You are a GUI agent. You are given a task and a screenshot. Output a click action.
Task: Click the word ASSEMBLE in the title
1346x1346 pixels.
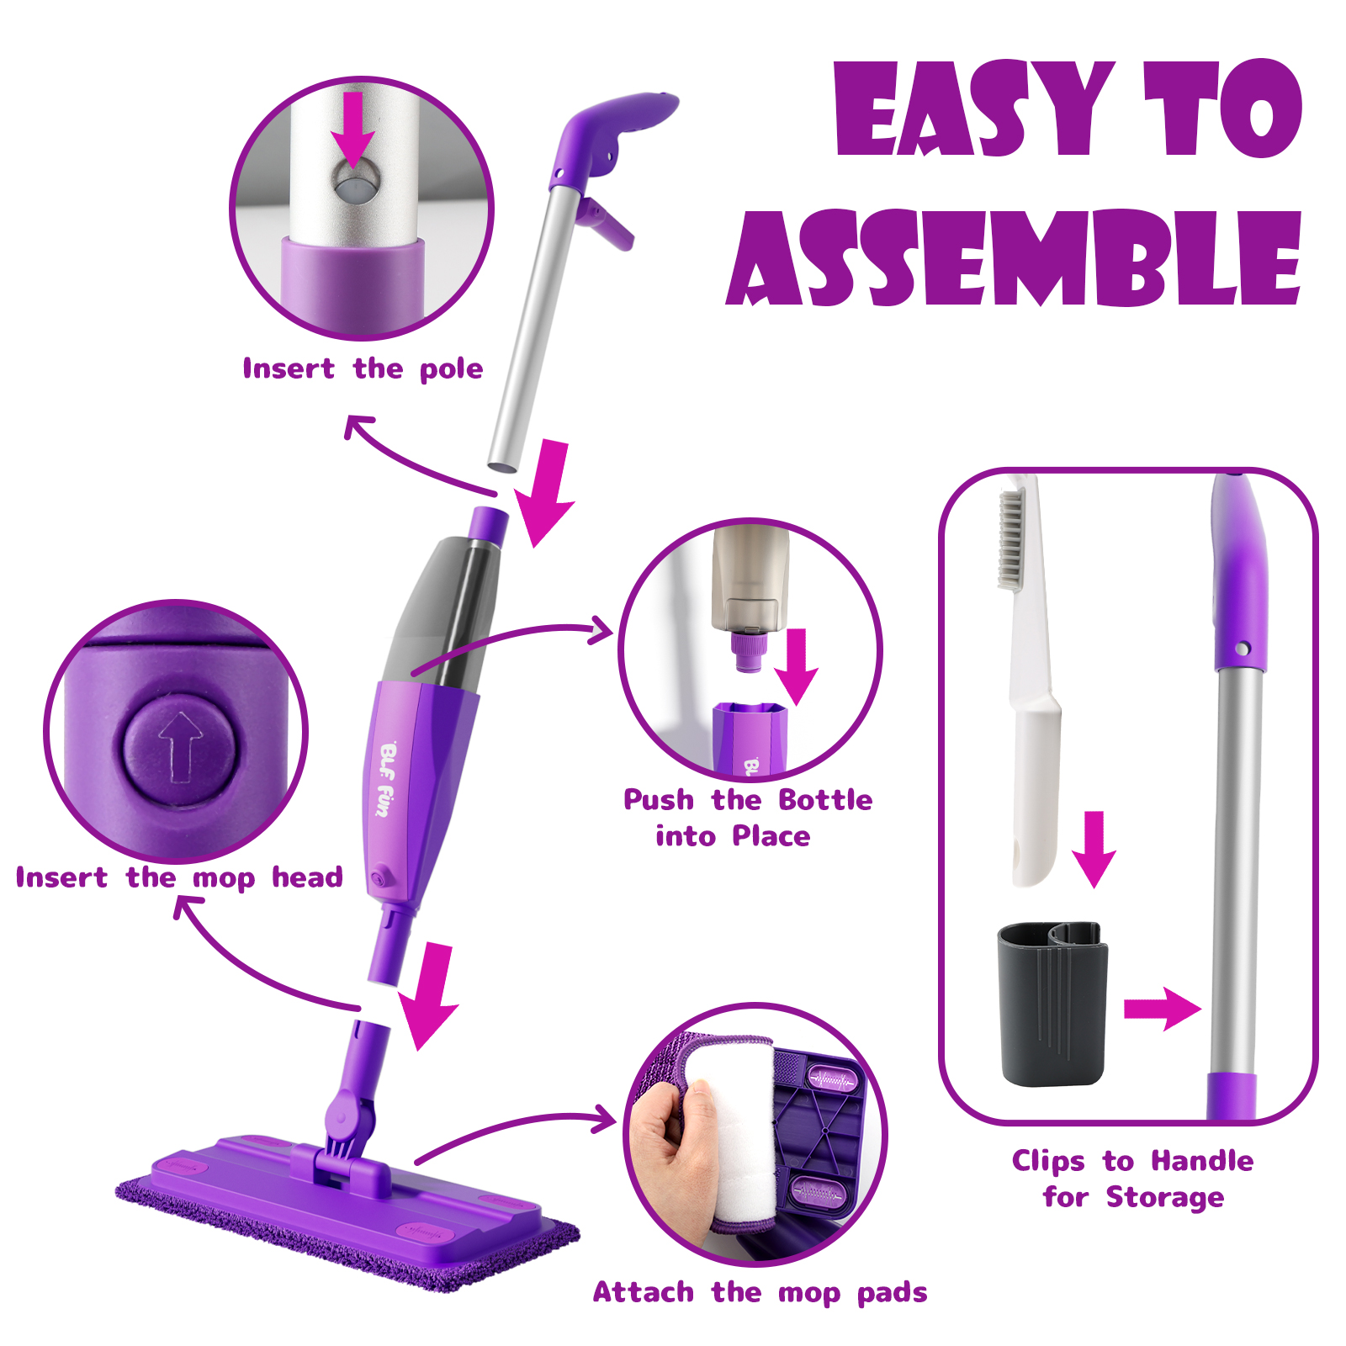(1015, 257)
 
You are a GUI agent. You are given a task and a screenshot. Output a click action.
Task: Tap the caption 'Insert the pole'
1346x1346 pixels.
(363, 369)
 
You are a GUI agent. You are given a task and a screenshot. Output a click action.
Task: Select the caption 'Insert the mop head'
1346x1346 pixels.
(179, 877)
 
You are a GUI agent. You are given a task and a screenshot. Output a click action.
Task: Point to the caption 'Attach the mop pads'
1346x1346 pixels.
(760, 1292)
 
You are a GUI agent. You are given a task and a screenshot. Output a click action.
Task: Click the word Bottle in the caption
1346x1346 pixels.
(825, 799)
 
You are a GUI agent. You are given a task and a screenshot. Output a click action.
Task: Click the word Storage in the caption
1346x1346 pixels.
(1165, 1197)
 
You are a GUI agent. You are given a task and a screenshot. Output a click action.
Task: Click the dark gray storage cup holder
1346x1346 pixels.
(1052, 1003)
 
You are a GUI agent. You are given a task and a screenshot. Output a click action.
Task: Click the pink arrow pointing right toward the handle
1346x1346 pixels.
(1162, 1008)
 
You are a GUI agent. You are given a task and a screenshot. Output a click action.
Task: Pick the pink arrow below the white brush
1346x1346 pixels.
(1094, 850)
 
